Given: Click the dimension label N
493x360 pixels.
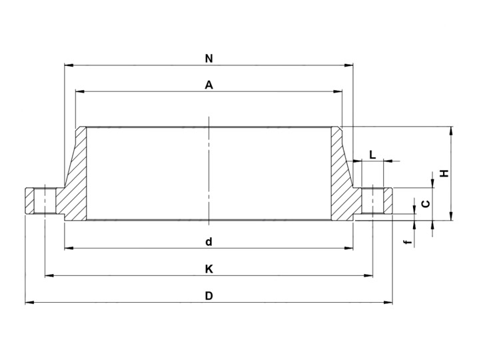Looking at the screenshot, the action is point(209,59).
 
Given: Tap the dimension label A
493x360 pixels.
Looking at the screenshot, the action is point(209,85).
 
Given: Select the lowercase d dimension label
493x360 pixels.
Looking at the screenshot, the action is point(209,242).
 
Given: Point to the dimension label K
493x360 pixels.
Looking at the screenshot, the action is point(209,269).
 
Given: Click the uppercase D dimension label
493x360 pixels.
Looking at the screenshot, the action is point(209,296).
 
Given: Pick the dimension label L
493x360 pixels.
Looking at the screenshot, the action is point(372,155).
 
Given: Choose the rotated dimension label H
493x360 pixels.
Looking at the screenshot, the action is point(444,173).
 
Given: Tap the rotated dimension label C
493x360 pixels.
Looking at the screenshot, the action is point(426,204).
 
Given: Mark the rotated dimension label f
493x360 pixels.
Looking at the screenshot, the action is point(408,242).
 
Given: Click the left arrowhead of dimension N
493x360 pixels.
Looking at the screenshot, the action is point(69,65).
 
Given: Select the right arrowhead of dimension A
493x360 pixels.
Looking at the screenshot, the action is point(338,91).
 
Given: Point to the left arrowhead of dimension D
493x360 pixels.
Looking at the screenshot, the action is point(29,303).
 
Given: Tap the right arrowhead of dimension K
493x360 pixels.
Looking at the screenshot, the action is point(368,275).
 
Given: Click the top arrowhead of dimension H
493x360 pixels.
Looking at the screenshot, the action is point(451,131).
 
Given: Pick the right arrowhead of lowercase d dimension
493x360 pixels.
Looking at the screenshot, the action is point(348,248).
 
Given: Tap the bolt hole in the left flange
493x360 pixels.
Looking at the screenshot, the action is point(45,201).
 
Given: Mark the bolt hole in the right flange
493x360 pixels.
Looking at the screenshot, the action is point(372,201).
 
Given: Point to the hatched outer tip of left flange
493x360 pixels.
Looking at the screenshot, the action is point(29,201).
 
